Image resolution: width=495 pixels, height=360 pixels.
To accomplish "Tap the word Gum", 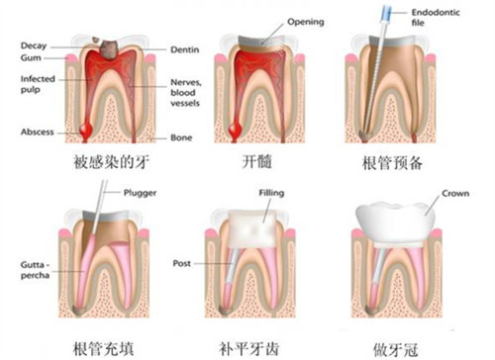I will tap(31, 57).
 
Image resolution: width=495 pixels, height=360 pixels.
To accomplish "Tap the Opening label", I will tap(307, 21).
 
